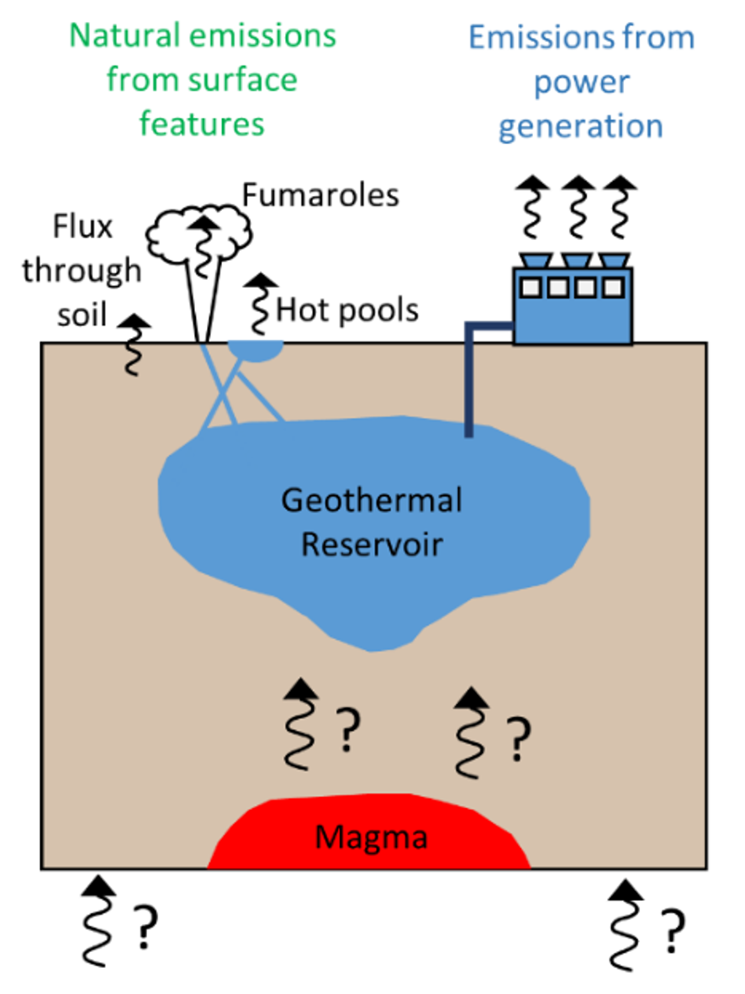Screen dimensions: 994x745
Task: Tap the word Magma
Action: pyautogui.click(x=371, y=838)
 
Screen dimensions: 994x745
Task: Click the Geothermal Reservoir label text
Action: pyautogui.click(x=372, y=522)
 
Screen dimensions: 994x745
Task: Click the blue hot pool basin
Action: pyautogui.click(x=256, y=350)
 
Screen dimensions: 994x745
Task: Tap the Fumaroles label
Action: pyautogui.click(x=320, y=195)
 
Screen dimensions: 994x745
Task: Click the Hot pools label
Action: pyautogui.click(x=347, y=310)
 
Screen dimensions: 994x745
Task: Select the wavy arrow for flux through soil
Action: pyautogui.click(x=133, y=344)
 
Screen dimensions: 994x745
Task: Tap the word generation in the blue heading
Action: pyautogui.click(x=580, y=126)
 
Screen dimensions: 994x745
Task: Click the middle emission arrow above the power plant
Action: pyautogui.click(x=578, y=207)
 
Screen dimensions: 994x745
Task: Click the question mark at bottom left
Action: pyautogui.click(x=145, y=926)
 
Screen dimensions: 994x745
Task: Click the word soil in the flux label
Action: pyautogui.click(x=82, y=314)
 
